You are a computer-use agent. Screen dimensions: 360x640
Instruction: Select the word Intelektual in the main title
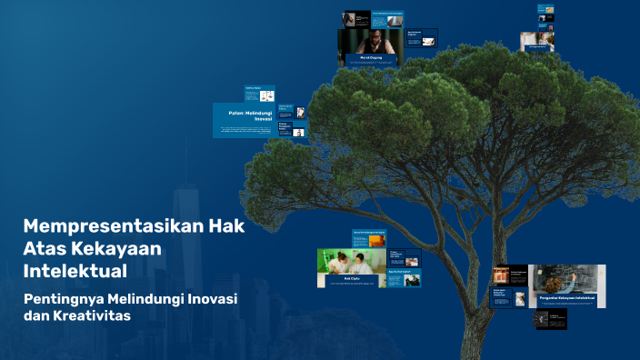pyautogui.click(x=75, y=270)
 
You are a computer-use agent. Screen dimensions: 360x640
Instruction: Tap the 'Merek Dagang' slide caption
pyautogui.click(x=371, y=57)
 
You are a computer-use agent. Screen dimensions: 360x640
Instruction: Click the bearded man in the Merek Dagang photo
pyautogui.click(x=372, y=41)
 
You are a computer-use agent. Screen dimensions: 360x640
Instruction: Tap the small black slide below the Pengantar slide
pyautogui.click(x=550, y=318)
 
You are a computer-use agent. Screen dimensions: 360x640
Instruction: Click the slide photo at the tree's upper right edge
pyautogui.click(x=537, y=40)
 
